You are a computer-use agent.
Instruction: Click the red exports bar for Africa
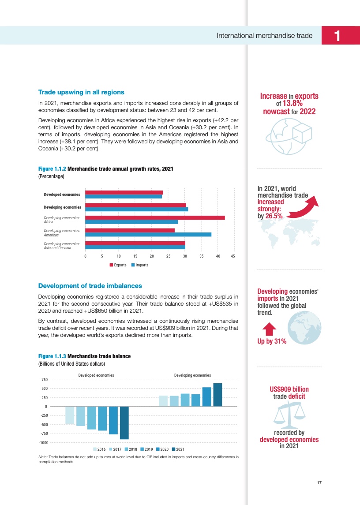(155, 217)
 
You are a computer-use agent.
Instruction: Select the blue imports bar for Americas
(148, 234)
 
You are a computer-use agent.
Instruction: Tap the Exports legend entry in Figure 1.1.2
(118, 265)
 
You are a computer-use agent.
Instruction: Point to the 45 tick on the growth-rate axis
(233, 256)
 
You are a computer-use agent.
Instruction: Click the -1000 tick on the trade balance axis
(43, 442)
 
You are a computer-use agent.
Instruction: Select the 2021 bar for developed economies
(124, 423)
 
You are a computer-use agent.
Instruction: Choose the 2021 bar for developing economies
(217, 395)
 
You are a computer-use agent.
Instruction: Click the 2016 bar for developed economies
(70, 415)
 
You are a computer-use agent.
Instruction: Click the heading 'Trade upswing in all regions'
(82, 92)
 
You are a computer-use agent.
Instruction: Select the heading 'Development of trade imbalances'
(90, 286)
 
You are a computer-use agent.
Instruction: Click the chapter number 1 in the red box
(337, 36)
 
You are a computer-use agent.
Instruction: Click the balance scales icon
(289, 415)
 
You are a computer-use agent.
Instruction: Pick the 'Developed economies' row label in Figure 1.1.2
(62, 195)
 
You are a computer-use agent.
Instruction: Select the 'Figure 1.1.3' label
(52, 356)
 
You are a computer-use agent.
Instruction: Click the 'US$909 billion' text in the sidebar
(289, 389)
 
